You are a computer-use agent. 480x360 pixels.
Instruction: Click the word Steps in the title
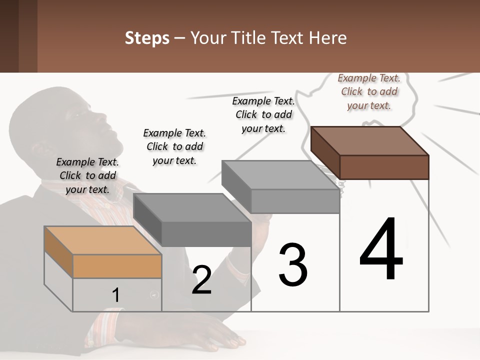tap(147, 38)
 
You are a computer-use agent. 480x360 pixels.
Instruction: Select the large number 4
tap(381, 249)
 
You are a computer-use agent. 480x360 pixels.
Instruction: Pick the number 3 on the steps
tap(293, 264)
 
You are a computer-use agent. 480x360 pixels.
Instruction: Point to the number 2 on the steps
tap(201, 280)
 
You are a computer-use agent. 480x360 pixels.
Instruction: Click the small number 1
tap(115, 295)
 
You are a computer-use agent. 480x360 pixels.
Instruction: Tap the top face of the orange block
tap(102, 240)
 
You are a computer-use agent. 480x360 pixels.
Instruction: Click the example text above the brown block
tap(369, 91)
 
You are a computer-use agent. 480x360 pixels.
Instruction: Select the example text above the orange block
tap(87, 175)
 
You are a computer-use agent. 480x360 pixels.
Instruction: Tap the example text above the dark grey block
tap(174, 146)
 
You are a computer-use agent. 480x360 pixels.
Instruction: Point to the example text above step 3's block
tap(263, 114)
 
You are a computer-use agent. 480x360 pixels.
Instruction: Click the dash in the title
tap(180, 38)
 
